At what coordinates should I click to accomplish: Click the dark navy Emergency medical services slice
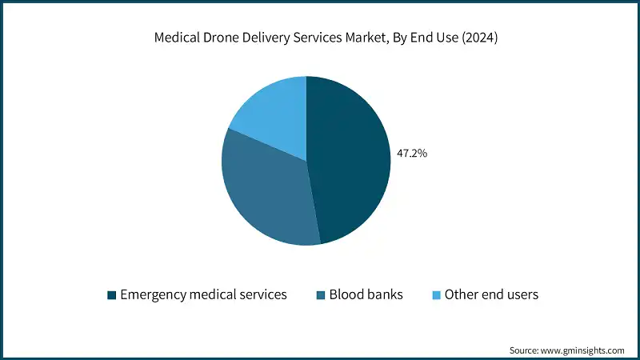coord(348,160)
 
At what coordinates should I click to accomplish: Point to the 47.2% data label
coord(411,153)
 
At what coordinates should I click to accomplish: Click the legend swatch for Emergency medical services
coord(110,295)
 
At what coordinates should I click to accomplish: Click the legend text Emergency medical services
coord(203,294)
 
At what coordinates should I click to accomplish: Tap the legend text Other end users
coord(491,294)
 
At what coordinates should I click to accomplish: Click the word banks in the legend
coord(383,294)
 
